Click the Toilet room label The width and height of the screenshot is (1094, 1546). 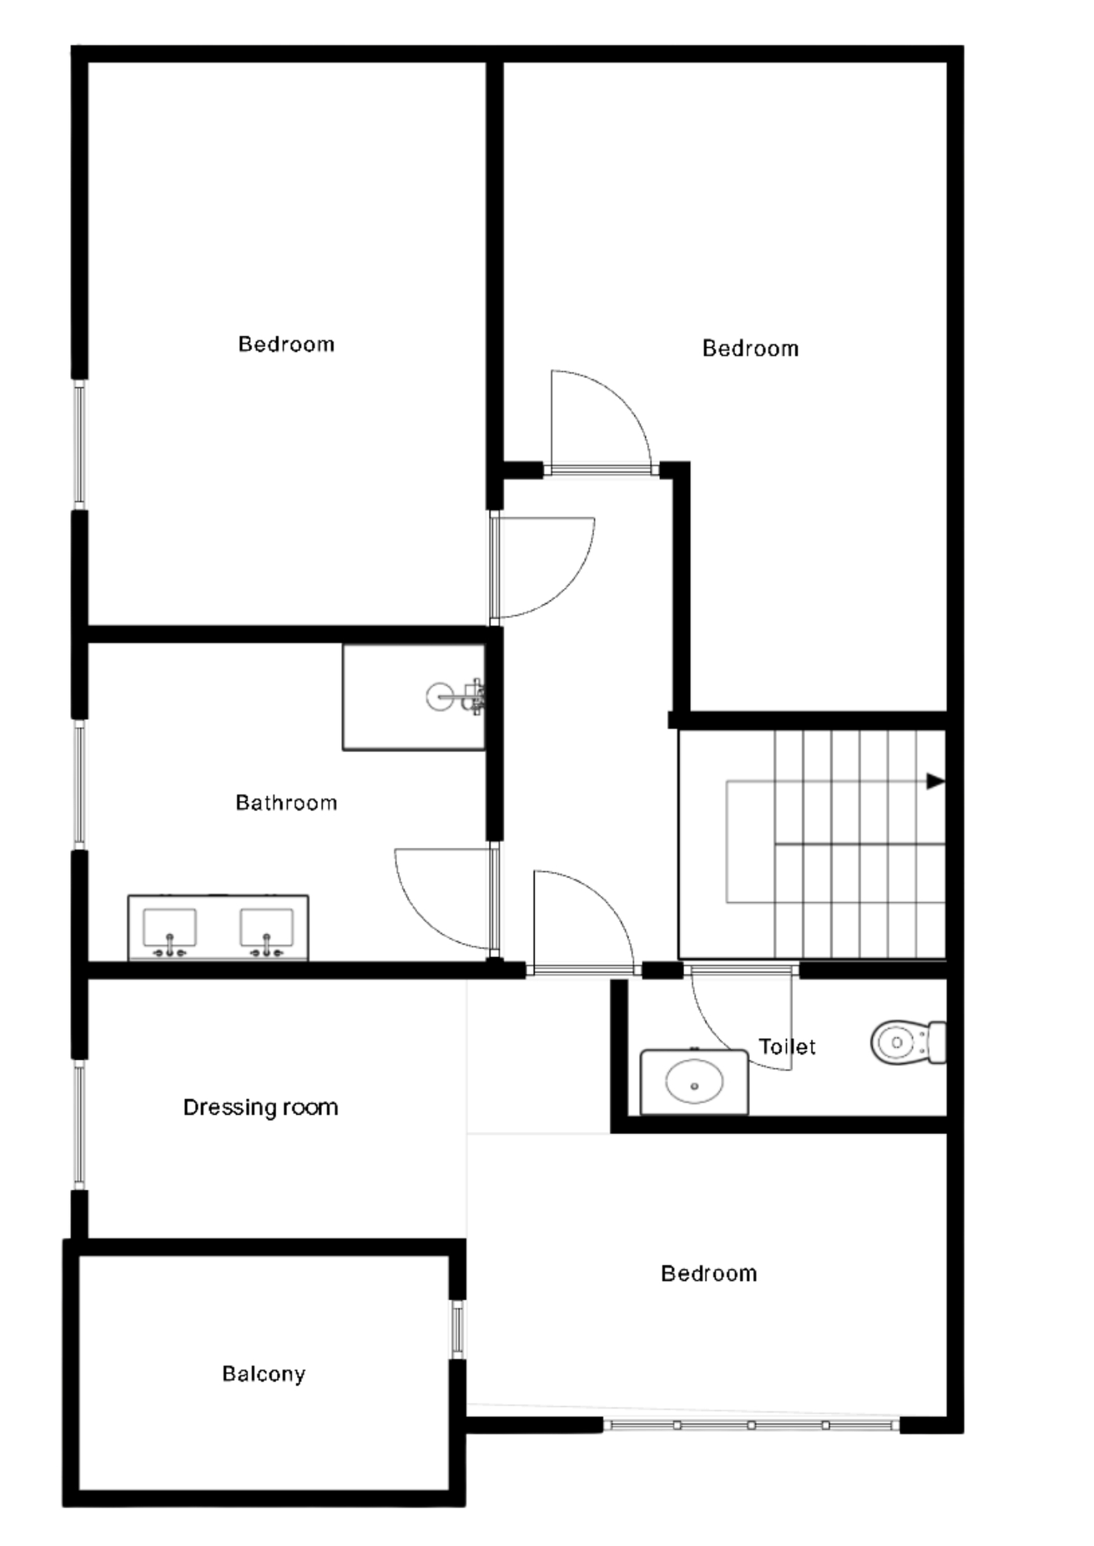787,1047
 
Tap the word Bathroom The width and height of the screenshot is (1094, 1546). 286,803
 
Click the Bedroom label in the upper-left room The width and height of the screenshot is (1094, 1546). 286,344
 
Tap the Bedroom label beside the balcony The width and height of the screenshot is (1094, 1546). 709,1273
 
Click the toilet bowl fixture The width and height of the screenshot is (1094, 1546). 908,1042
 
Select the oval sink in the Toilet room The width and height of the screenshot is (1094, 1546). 695,1081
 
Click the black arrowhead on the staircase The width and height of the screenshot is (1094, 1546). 936,781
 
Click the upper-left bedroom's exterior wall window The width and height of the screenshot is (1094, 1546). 80,444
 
